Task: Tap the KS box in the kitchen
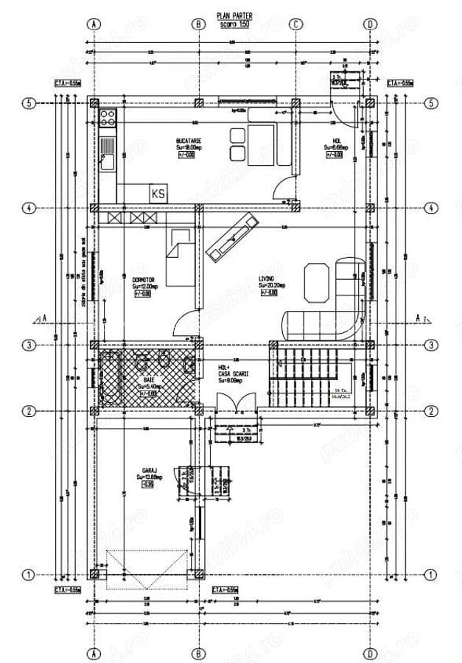158,193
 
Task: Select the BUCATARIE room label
189,140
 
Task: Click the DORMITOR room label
143,280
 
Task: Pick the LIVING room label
266,279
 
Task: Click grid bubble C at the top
295,24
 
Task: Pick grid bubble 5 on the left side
29,104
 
